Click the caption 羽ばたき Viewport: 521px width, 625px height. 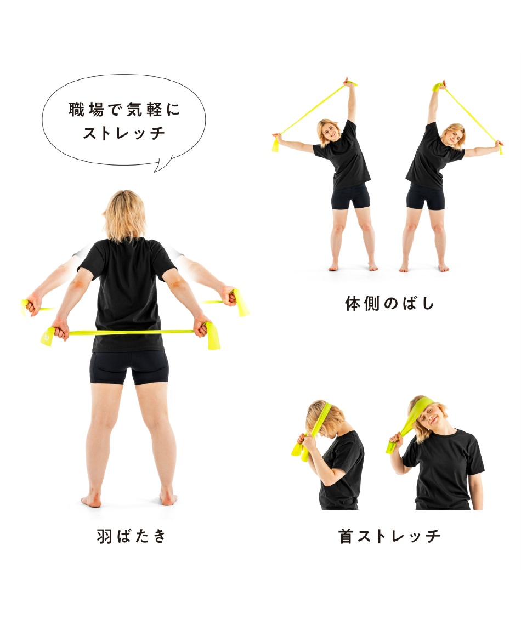click(132, 536)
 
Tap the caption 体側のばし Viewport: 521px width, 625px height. click(390, 303)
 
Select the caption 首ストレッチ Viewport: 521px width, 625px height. click(390, 536)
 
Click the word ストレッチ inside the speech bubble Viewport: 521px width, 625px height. click(124, 133)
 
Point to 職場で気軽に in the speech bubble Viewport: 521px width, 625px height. click(124, 110)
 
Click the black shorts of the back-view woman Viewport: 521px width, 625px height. click(129, 367)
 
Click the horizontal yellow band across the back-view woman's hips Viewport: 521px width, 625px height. click(130, 332)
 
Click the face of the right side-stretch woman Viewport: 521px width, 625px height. click(454, 135)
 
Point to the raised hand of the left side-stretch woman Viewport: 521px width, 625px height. click(348, 82)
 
